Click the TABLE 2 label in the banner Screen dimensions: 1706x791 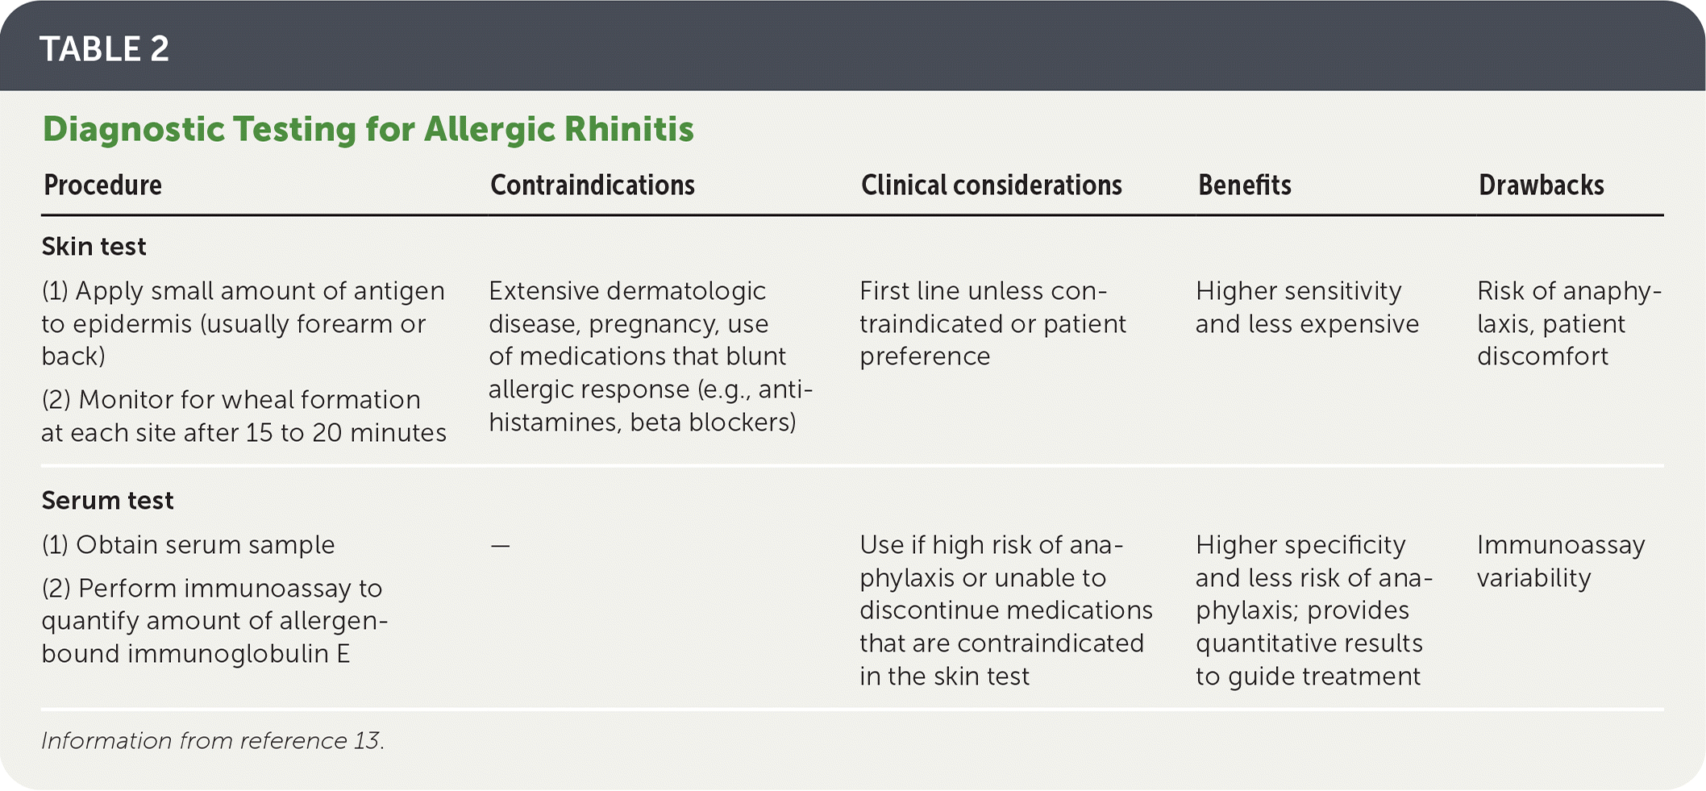pos(104,49)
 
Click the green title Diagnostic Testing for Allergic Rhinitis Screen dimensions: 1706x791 pos(368,130)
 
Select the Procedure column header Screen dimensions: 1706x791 pos(102,185)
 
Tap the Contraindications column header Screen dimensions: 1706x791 pos(593,185)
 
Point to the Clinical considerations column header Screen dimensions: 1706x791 pos(992,185)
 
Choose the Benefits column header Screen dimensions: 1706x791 pos(1245,185)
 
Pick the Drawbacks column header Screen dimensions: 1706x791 pos(1542,185)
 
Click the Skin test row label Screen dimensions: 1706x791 pos(94,247)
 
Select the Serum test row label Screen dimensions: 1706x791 pos(107,501)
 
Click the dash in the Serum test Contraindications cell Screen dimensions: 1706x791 pos(500,546)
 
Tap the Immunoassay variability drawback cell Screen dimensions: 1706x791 pos(1561,562)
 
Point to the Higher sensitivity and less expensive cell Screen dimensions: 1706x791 pos(1307,307)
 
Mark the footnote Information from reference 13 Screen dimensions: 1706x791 pos(213,741)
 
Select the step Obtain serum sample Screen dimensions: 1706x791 pos(188,545)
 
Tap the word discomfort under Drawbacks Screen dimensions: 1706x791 pos(1542,356)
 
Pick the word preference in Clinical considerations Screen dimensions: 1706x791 pos(925,357)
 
